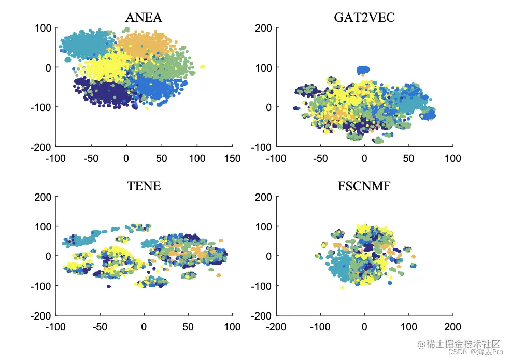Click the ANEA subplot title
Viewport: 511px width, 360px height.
tap(144, 18)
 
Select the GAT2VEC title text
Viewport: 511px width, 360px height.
tap(364, 18)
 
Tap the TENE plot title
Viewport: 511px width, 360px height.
tap(144, 186)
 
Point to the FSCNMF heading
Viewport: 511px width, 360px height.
tap(364, 186)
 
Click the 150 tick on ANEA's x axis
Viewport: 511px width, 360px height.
tap(232, 158)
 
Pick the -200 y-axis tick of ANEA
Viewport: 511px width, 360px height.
tap(42, 146)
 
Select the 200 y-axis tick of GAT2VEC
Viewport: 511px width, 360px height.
tap(264, 28)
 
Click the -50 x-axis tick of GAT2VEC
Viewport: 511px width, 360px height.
tap(320, 158)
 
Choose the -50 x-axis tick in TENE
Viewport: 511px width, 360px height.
tap(100, 327)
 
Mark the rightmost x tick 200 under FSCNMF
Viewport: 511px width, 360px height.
tap(453, 327)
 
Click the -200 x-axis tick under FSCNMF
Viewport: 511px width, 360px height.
tap(276, 327)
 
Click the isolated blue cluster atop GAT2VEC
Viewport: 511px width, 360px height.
tap(364, 70)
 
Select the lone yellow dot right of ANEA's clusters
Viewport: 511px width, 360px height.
tap(202, 66)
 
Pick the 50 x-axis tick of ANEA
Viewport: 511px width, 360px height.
tap(161, 158)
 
